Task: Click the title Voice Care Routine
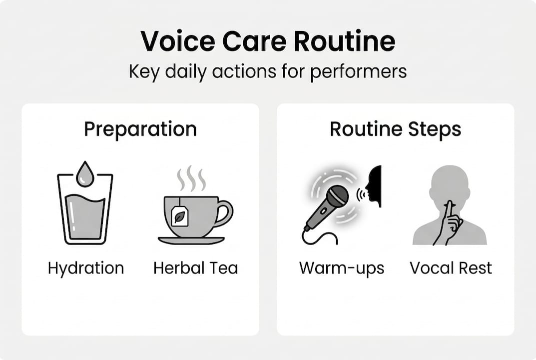click(268, 41)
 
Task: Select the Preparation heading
click(140, 129)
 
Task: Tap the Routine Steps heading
click(395, 129)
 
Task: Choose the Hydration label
click(86, 268)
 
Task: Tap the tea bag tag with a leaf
click(180, 216)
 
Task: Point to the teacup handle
click(225, 212)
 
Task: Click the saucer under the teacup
click(191, 240)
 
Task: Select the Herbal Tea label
click(196, 268)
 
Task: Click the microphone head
click(337, 196)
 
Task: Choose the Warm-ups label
click(342, 268)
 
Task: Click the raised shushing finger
click(449, 210)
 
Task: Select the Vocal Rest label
click(451, 268)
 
